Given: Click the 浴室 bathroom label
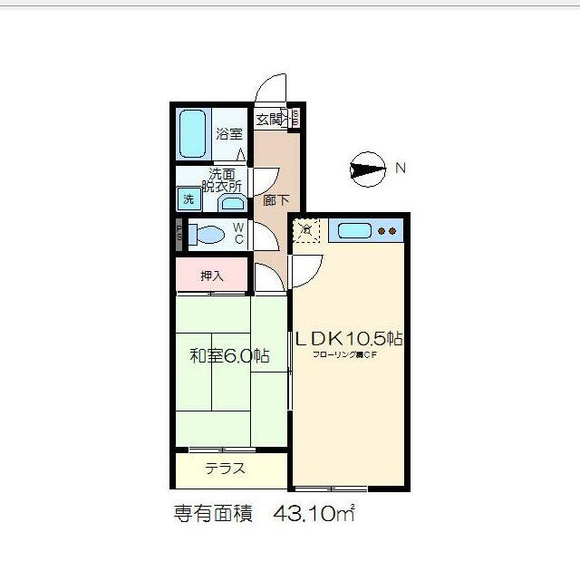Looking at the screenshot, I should coord(229,134).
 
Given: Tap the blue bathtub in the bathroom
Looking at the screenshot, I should coord(192,133).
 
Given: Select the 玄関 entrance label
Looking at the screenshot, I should coord(270,120).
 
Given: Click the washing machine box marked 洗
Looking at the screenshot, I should coord(188,199).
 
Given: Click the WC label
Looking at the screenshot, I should coord(238,234).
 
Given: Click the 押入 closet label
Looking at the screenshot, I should coord(211,276).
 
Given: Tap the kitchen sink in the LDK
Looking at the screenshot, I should coord(353,231).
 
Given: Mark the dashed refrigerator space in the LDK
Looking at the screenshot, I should coord(307,231).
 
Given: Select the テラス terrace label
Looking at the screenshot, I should coord(225,469).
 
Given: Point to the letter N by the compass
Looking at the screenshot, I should coord(399,168).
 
